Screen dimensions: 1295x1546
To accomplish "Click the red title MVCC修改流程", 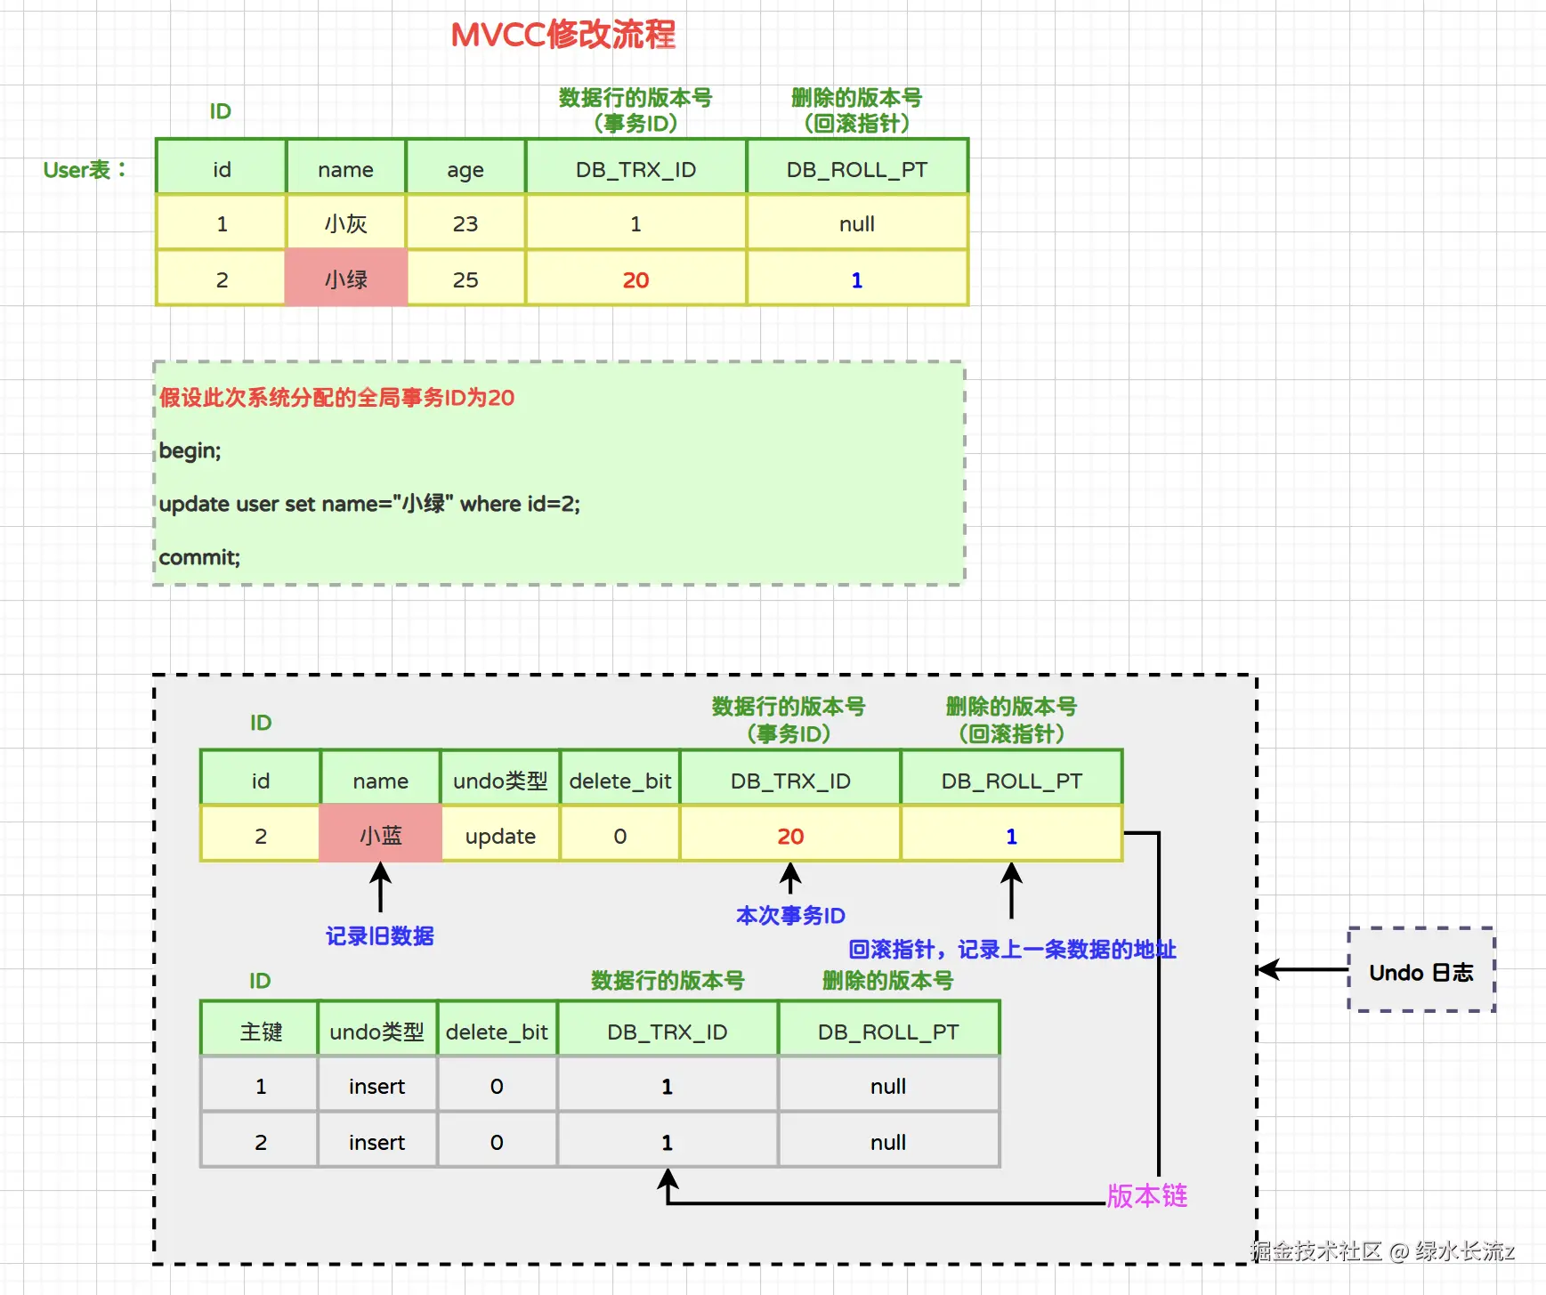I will [563, 36].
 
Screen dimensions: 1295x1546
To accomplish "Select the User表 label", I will [85, 169].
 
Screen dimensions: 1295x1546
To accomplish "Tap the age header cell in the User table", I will [465, 169].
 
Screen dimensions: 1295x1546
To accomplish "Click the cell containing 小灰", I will [345, 223].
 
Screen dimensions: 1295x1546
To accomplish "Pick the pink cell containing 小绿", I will [345, 279].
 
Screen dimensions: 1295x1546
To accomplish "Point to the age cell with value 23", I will [465, 223].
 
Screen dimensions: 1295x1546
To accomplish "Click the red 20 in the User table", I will [635, 280].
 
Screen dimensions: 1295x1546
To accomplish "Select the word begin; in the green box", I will [190, 450].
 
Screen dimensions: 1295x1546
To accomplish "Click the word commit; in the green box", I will [199, 557].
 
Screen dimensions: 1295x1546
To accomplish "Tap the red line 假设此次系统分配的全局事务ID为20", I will [336, 398].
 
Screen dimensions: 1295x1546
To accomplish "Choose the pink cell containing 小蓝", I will [380, 836].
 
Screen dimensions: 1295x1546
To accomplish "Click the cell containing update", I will [500, 836].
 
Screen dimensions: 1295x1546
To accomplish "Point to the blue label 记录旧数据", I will [379, 935].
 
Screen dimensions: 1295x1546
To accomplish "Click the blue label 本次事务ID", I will [790, 915].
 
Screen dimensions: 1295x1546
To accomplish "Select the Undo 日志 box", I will [1421, 971].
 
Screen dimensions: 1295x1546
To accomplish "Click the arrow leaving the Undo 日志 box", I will [1303, 969].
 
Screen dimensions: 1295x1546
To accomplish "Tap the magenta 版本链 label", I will [1147, 1195].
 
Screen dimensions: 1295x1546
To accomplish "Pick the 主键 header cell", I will [260, 1032].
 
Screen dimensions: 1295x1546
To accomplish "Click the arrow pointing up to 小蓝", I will [381, 886].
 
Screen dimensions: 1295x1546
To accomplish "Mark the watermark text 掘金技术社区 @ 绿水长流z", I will [1381, 1251].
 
